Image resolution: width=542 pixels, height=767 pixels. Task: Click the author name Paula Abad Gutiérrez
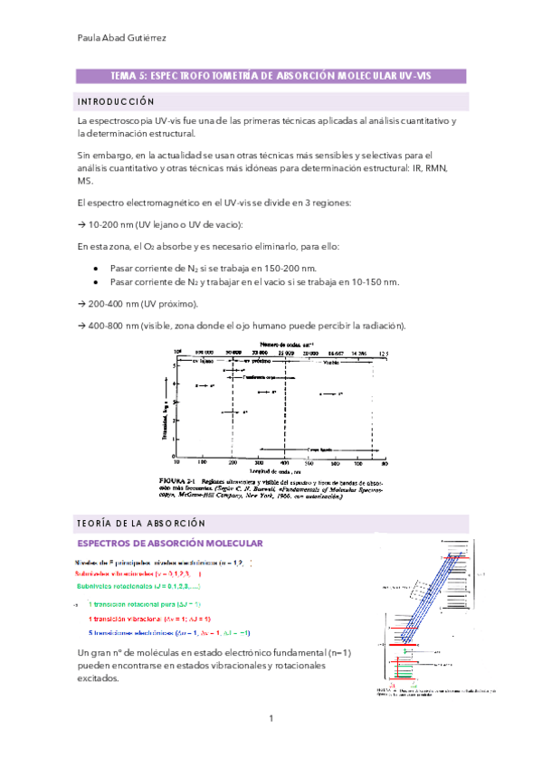[x=125, y=38]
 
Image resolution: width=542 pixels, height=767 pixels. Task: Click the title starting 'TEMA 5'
[x=271, y=77]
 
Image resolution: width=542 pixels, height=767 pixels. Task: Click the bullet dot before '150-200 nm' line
[x=95, y=269]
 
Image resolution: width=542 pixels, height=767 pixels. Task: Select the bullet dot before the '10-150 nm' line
[x=95, y=282]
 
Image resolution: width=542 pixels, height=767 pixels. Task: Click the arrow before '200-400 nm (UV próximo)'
[x=81, y=304]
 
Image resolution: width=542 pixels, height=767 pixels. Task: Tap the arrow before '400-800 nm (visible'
[x=81, y=326]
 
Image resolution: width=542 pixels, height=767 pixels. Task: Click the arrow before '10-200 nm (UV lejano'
[x=81, y=223]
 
